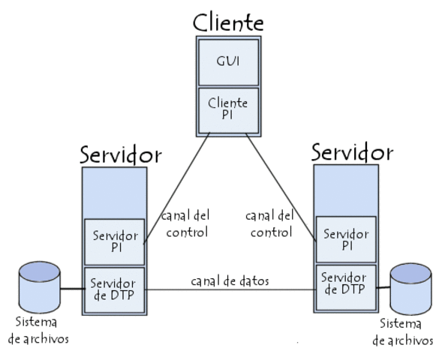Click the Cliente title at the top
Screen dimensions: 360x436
(x=228, y=22)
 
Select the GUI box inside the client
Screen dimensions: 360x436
(x=228, y=61)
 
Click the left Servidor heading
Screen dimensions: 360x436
(x=120, y=154)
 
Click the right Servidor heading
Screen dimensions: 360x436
(x=352, y=153)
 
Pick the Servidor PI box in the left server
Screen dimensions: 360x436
(x=114, y=241)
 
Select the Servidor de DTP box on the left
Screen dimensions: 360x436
(x=114, y=289)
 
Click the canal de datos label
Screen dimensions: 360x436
(x=230, y=281)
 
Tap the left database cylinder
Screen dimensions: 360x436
(x=40, y=287)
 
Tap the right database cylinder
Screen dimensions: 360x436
(x=411, y=288)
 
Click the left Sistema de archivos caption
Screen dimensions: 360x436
(x=38, y=330)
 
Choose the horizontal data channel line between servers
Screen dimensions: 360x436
(x=230, y=291)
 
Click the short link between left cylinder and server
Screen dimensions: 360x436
(x=71, y=289)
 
